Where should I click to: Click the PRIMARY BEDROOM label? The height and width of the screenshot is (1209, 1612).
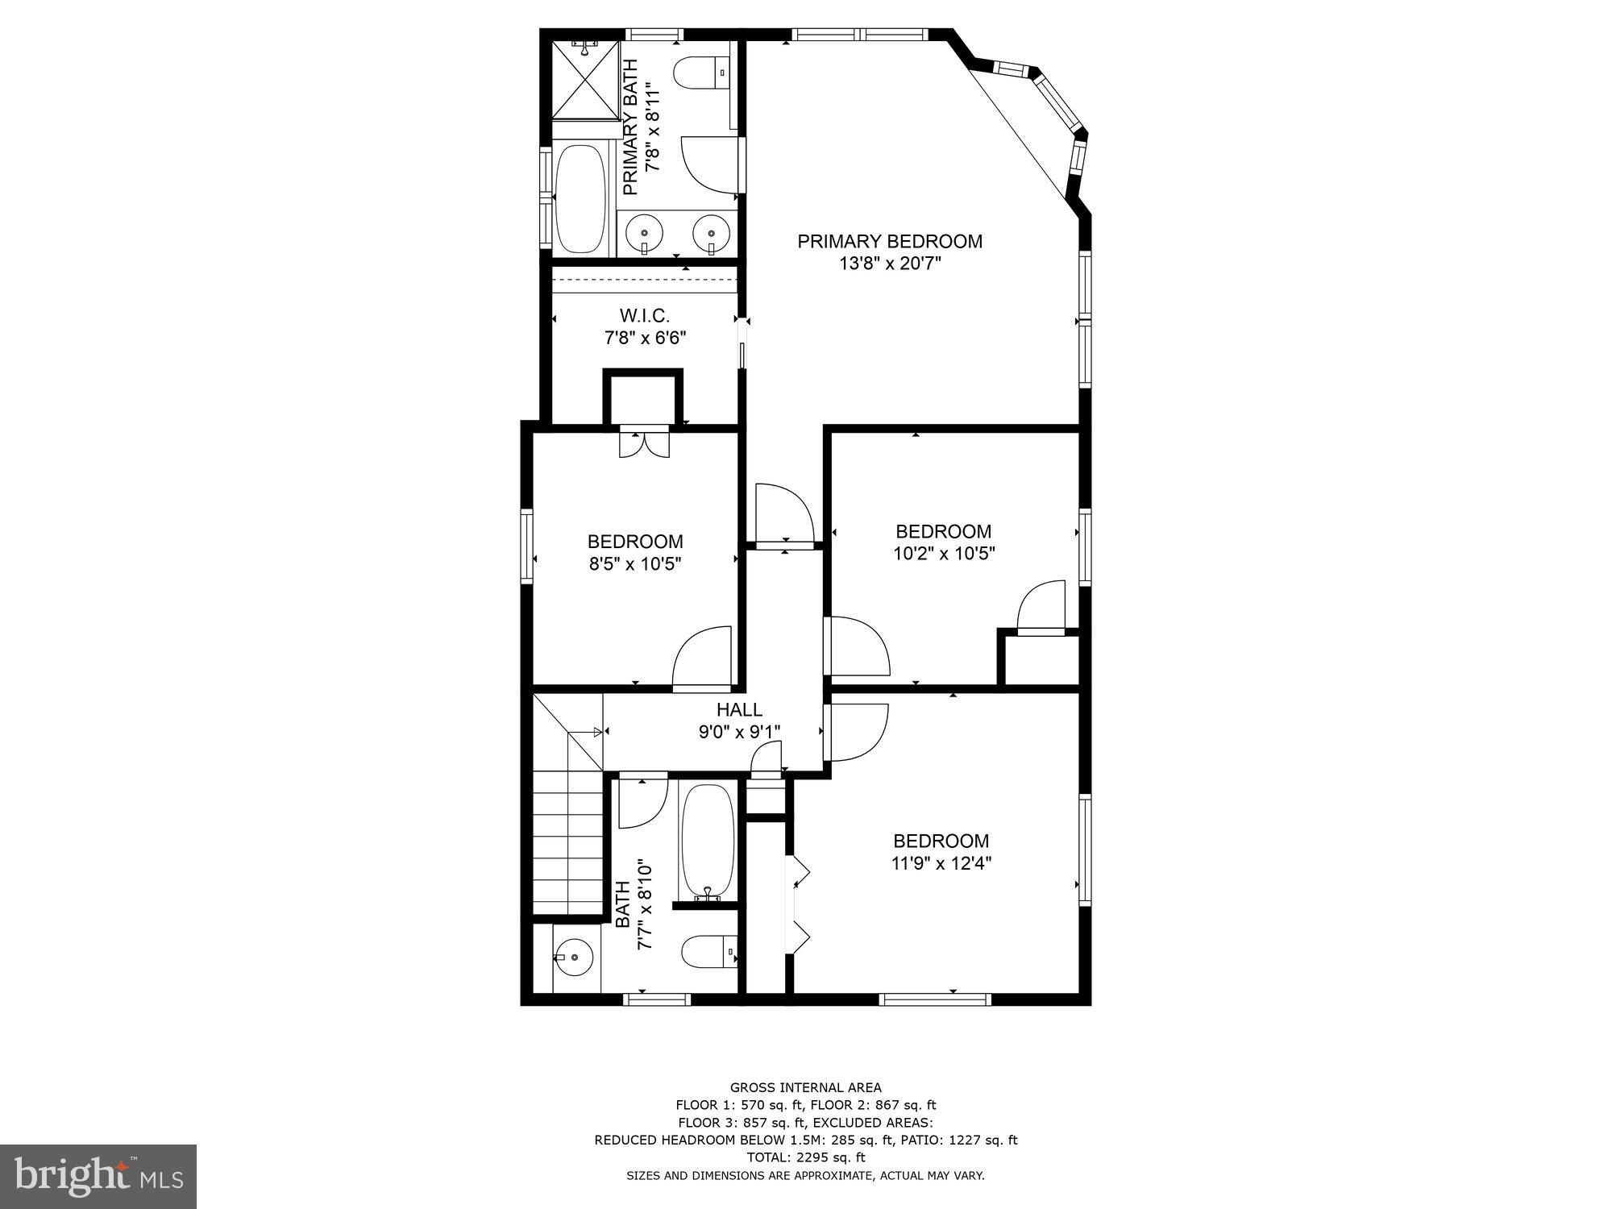click(890, 241)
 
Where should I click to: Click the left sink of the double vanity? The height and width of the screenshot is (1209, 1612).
click(644, 231)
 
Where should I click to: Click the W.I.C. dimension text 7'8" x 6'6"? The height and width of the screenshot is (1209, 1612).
click(645, 338)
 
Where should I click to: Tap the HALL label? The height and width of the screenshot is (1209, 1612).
click(739, 710)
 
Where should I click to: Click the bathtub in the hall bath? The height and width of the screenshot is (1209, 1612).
click(708, 841)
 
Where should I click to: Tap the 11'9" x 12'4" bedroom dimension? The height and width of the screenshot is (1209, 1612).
click(941, 863)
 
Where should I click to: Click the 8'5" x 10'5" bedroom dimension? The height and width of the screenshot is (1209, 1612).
click(635, 564)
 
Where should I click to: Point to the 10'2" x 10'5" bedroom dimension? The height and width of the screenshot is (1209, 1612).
click(944, 554)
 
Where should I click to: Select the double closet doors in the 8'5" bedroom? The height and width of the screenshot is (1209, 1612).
click(644, 444)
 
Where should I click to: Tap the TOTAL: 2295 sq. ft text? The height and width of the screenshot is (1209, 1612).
click(805, 1157)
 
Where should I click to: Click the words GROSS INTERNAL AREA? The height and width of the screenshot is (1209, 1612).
click(805, 1087)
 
